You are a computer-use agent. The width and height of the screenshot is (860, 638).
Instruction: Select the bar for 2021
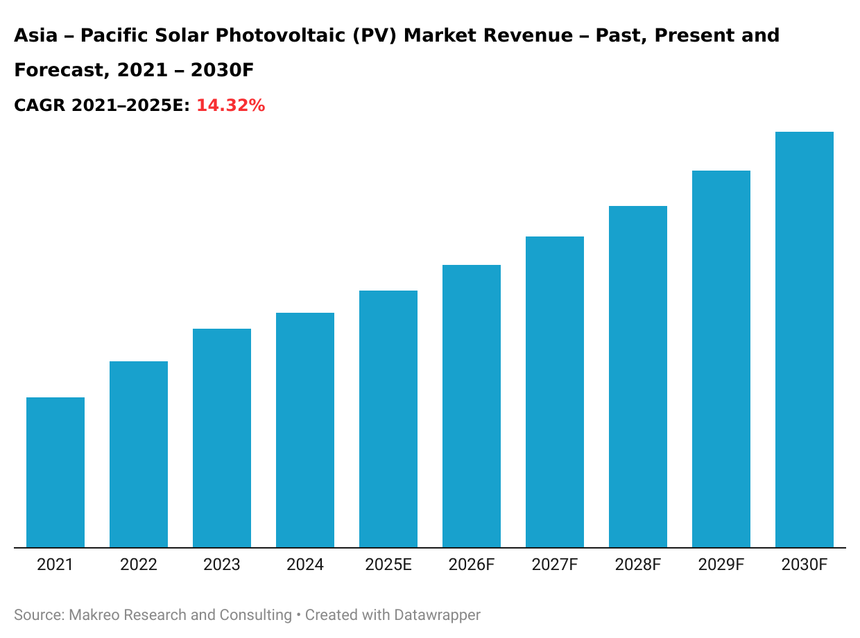[55, 472]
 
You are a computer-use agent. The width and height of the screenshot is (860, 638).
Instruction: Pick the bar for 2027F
[555, 392]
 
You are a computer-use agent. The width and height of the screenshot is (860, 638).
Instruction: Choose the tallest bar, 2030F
[805, 340]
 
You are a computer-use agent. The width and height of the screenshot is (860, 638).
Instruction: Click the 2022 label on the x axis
[139, 565]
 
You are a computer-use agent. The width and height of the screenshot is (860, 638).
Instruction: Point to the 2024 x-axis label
[305, 565]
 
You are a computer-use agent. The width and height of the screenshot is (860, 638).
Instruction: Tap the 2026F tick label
[472, 565]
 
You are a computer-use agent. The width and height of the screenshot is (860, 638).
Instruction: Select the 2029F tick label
[721, 565]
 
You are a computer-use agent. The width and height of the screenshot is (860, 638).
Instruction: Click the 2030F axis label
[805, 565]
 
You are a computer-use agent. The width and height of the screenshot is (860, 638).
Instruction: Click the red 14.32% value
[230, 105]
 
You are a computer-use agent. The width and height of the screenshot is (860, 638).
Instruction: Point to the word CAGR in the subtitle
[39, 105]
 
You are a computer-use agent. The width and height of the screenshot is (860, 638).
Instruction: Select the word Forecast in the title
[60, 71]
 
